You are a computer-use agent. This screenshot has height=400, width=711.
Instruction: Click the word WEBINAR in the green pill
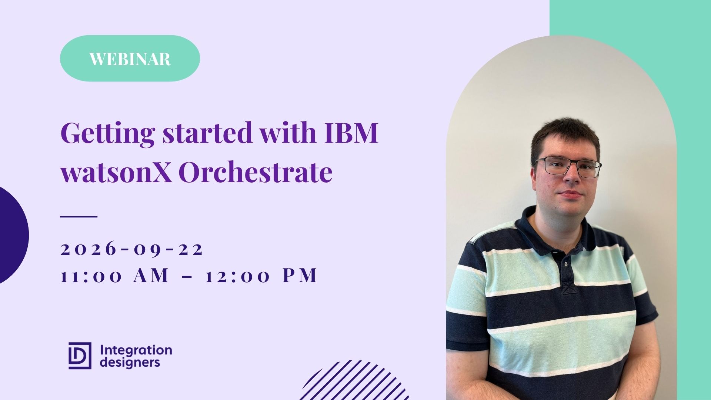(130, 59)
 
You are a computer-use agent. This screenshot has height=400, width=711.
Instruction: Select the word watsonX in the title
(116, 173)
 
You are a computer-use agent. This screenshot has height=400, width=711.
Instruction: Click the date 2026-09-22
(132, 249)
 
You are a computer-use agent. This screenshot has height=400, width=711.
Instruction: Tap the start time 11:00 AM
(115, 276)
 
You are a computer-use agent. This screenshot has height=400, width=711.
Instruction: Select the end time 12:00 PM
(261, 276)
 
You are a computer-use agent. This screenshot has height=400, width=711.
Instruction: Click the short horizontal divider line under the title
(79, 216)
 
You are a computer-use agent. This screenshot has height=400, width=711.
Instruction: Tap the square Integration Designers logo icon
(80, 356)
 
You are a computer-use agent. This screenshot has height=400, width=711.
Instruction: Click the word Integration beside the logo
(136, 350)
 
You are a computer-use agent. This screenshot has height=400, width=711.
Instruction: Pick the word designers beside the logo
(130, 363)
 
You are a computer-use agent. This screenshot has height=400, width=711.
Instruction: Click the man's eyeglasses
(568, 167)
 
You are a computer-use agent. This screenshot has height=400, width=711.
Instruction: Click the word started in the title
(207, 133)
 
